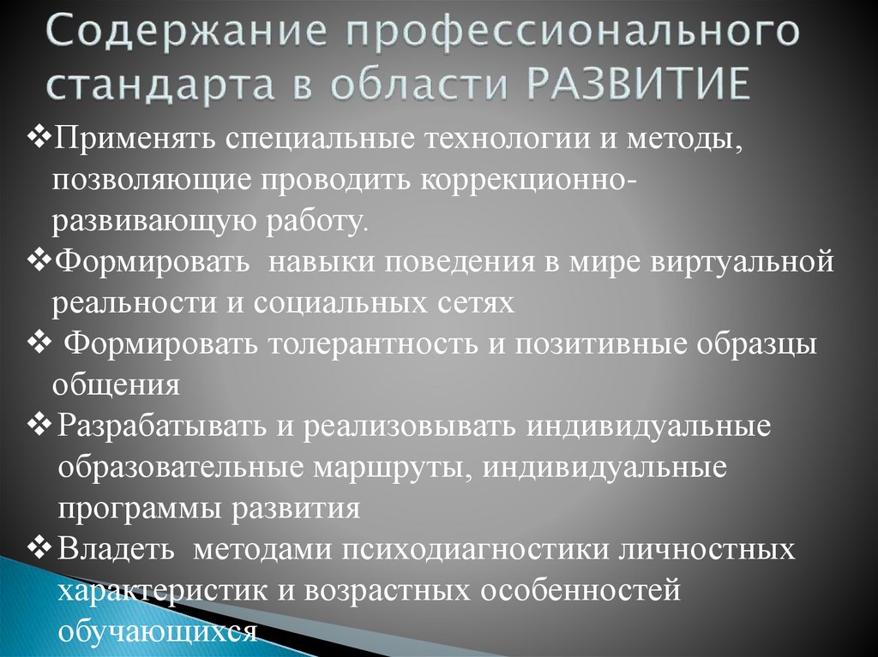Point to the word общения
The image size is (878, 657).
tap(116, 385)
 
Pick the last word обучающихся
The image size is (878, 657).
tap(158, 631)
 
